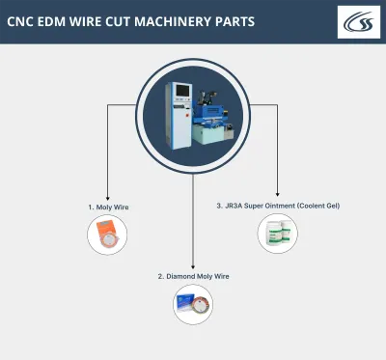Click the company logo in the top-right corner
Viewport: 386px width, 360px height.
[x=358, y=22]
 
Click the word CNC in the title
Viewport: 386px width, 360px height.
[x=23, y=21]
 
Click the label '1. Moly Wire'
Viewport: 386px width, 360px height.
[x=107, y=206]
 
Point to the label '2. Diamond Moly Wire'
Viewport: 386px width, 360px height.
[x=193, y=276]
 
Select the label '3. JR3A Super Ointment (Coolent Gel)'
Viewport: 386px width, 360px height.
[x=278, y=206]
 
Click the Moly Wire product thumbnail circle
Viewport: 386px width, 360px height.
[x=108, y=235]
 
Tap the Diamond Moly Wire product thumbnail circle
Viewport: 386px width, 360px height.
[x=193, y=305]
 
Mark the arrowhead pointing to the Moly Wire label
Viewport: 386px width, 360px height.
[x=107, y=196]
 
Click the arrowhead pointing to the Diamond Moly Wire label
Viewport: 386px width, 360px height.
[x=193, y=266]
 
